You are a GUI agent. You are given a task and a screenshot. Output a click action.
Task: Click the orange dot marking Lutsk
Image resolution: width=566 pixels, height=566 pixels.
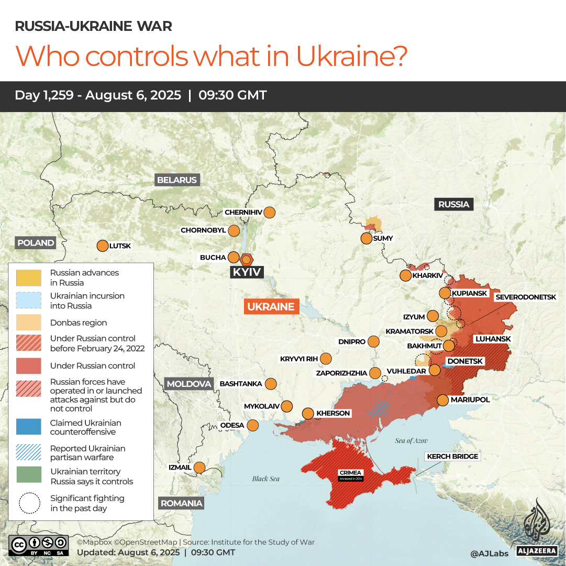(x=102, y=246)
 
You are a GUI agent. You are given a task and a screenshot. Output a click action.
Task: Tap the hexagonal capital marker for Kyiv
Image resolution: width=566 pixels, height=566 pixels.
(x=247, y=259)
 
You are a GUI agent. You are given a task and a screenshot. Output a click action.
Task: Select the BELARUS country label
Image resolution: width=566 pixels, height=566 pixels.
(x=177, y=180)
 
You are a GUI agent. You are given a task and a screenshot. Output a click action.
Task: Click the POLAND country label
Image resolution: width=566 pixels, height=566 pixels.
(x=36, y=243)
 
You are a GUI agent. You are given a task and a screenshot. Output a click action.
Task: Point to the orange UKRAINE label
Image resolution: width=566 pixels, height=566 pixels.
(x=271, y=307)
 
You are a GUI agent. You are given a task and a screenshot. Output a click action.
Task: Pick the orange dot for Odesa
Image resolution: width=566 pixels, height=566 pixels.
(x=253, y=425)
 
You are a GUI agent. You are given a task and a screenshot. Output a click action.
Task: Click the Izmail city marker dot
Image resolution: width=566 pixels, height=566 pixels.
(x=199, y=467)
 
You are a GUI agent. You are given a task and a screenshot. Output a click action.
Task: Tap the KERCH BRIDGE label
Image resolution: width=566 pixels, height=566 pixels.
(x=452, y=457)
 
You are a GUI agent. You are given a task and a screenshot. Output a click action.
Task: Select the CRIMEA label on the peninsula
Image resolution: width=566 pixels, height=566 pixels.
(x=350, y=473)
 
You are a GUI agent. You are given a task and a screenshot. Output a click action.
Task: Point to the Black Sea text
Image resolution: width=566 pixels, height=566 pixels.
(x=266, y=479)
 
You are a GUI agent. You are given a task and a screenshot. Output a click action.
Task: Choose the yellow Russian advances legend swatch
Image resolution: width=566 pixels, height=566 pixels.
(x=29, y=277)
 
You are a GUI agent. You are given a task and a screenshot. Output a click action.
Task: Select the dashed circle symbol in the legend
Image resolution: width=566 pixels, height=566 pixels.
(x=29, y=503)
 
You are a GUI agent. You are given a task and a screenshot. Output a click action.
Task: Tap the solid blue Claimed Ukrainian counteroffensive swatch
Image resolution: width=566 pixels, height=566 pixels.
(x=29, y=427)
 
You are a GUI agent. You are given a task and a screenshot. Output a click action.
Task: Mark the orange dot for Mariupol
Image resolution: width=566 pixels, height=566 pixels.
(x=442, y=400)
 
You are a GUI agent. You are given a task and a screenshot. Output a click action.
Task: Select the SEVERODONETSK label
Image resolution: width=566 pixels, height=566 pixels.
(x=526, y=297)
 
